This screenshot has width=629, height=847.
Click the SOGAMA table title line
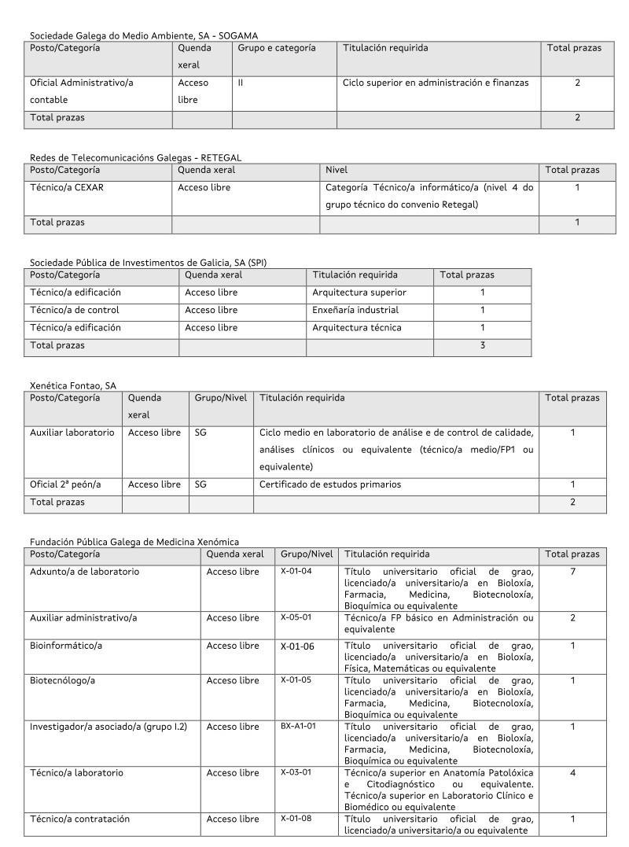pyautogui.click(x=144, y=35)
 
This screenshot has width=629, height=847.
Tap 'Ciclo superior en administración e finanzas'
pyautogui.click(x=436, y=83)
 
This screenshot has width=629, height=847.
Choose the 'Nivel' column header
pyautogui.click(x=337, y=170)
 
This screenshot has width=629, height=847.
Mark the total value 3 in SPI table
pyautogui.click(x=482, y=344)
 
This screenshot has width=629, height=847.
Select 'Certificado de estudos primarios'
pyautogui.click(x=330, y=484)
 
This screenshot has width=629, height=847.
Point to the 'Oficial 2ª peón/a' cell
pyautogui.click(x=65, y=484)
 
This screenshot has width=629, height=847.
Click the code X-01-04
pyautogui.click(x=296, y=571)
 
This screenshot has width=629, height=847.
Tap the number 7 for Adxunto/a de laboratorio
pyautogui.click(x=572, y=572)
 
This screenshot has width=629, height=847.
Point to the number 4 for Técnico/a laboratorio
pyautogui.click(x=572, y=773)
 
